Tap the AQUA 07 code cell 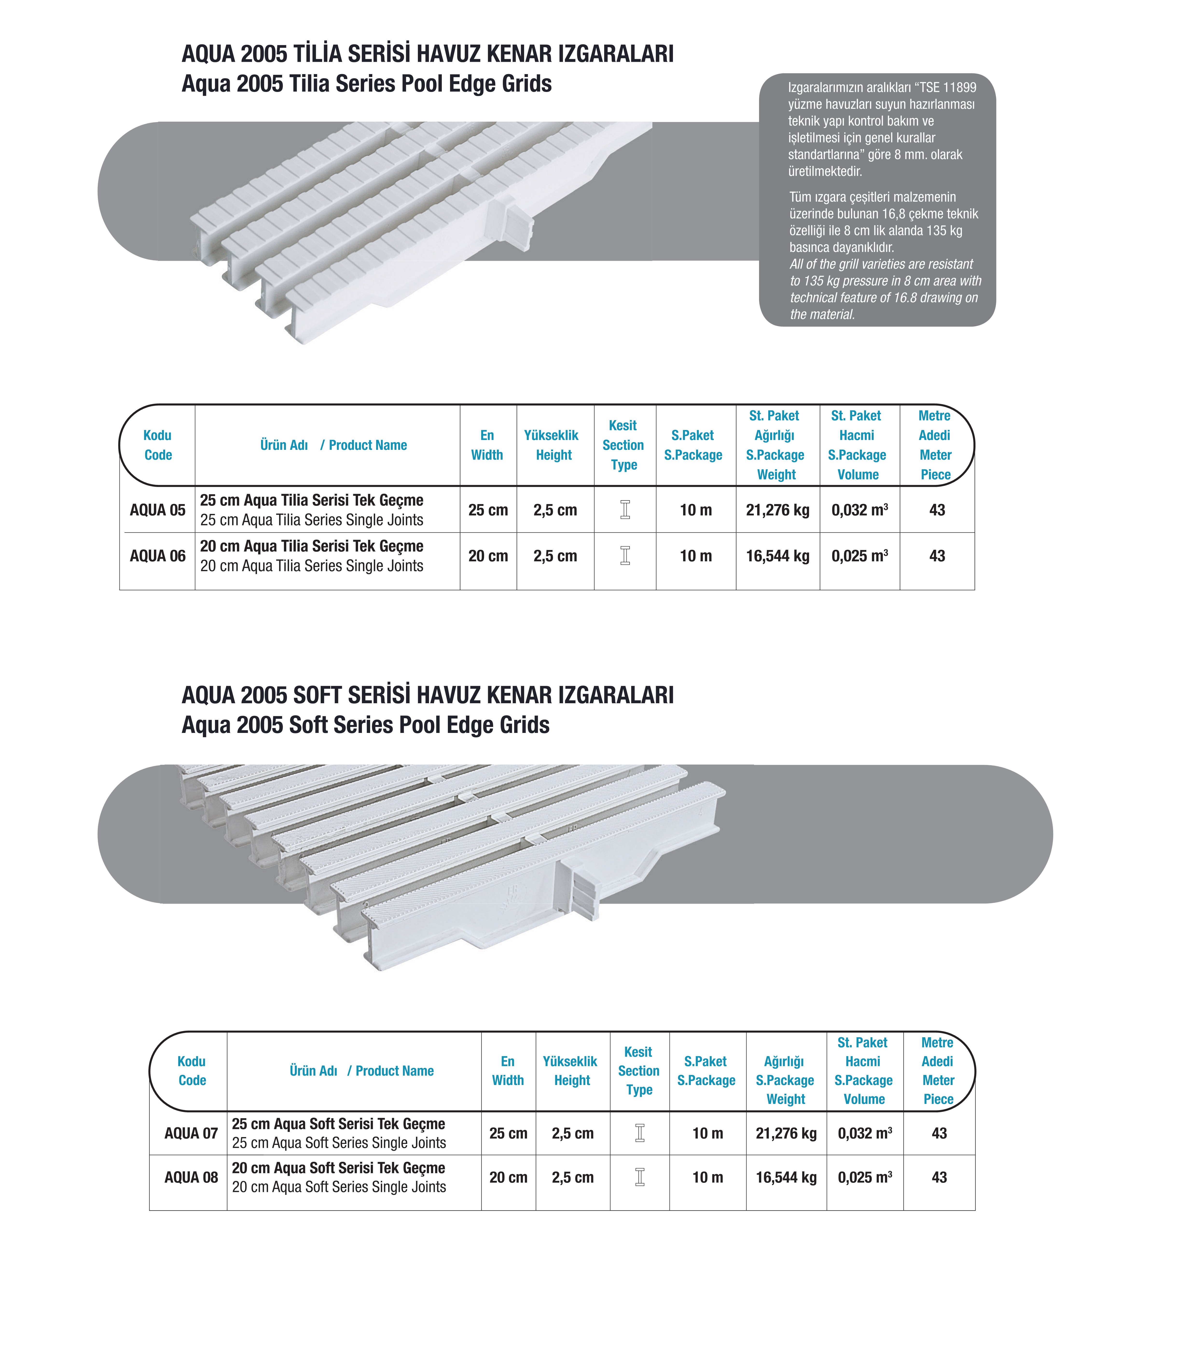point(191,1133)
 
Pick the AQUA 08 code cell point(191,1178)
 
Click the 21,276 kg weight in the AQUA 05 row point(777,510)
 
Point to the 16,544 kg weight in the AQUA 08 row point(786,1178)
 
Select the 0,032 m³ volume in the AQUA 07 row point(864,1133)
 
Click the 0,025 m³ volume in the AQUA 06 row point(859,556)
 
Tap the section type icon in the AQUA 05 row point(625,510)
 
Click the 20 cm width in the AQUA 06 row point(488,556)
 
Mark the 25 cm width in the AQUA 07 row point(508,1133)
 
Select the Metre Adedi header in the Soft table point(938,1071)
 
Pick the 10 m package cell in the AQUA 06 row point(695,556)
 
